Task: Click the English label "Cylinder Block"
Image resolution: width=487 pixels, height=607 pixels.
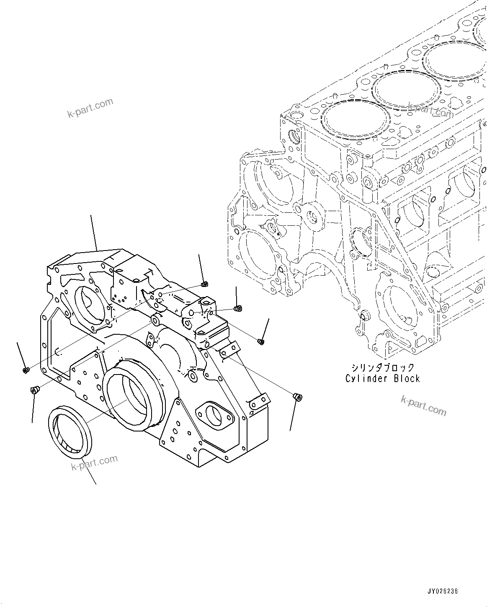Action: click(382, 379)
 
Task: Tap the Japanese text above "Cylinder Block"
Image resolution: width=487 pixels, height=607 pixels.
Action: click(382, 368)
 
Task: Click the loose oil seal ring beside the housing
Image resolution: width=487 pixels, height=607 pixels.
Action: click(70, 431)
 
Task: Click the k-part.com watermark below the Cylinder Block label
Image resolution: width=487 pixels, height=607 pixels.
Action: click(423, 405)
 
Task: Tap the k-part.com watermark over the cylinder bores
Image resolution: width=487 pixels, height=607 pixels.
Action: click(430, 111)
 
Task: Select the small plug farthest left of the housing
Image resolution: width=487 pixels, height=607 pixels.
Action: click(25, 370)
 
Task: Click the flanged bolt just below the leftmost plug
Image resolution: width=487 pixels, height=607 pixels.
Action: click(34, 390)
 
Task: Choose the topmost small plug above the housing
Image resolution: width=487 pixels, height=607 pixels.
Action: click(205, 285)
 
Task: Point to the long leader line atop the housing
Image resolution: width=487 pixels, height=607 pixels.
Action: click(94, 232)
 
